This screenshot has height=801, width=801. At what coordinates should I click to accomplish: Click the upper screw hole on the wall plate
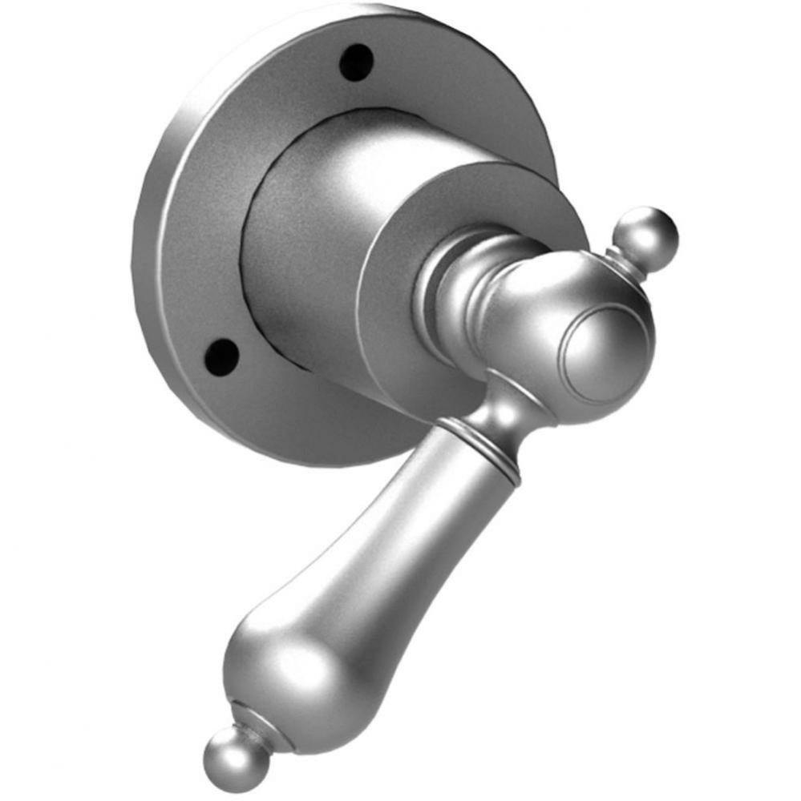tap(357, 62)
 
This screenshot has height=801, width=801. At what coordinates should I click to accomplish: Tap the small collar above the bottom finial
tap(255, 721)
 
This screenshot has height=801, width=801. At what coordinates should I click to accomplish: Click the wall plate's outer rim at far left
tap(144, 240)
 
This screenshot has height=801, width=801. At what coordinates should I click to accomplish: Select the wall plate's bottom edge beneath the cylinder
tap(337, 449)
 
